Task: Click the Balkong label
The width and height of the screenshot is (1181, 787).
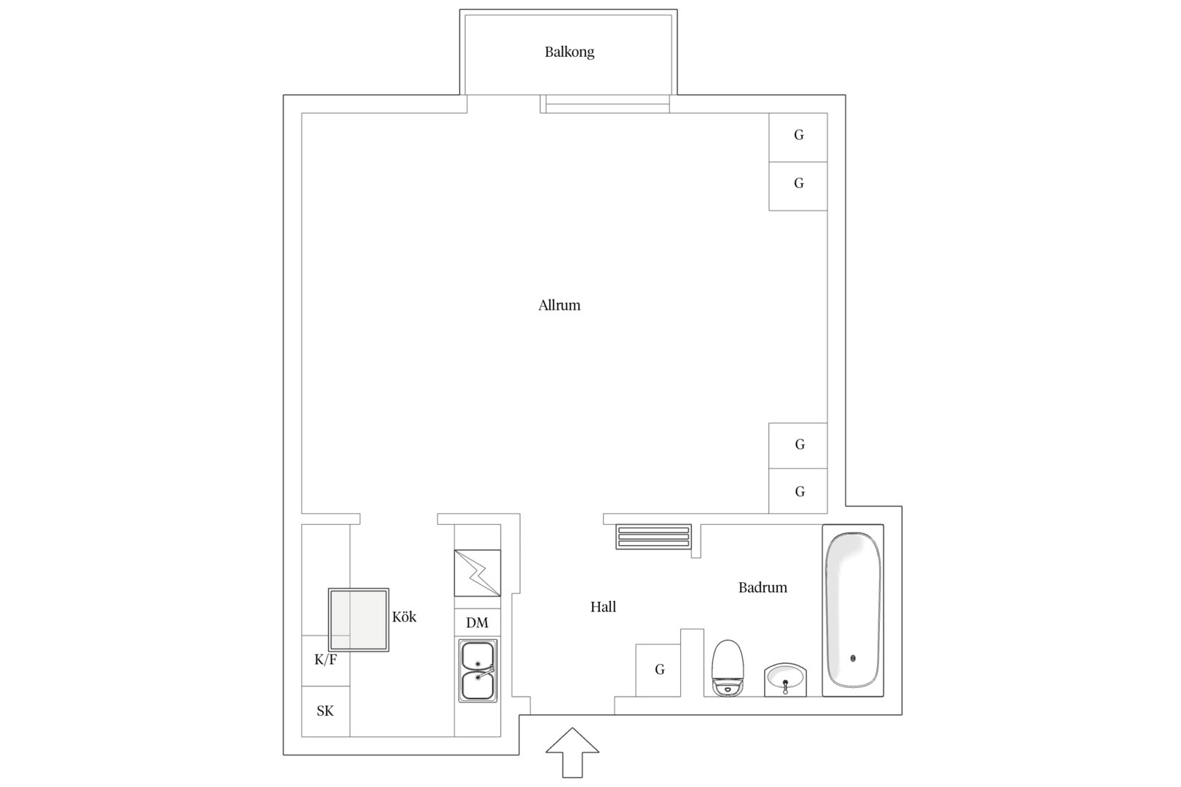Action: (569, 52)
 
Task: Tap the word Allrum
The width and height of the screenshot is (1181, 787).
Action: (559, 305)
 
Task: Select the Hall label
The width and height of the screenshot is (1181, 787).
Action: (603, 607)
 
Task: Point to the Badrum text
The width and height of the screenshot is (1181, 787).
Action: (763, 587)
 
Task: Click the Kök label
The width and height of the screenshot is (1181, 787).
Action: (405, 616)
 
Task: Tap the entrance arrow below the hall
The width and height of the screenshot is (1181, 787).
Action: (572, 753)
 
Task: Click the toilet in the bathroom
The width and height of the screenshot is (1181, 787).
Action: (728, 668)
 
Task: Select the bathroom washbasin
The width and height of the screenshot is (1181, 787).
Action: (786, 680)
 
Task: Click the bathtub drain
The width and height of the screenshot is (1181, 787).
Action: (853, 658)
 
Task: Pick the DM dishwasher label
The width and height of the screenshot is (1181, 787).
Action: (478, 622)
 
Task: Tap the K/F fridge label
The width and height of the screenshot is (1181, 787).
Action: (325, 659)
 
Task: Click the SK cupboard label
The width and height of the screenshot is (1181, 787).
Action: (325, 711)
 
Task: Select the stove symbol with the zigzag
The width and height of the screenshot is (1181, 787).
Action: (478, 573)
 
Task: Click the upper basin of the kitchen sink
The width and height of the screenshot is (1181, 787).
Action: (478, 656)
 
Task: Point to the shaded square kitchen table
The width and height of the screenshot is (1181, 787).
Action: (359, 620)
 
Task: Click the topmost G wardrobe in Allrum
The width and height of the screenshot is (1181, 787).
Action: (798, 137)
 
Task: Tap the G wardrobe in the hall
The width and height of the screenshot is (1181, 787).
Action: (658, 670)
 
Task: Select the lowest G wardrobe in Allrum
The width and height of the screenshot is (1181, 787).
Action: (798, 490)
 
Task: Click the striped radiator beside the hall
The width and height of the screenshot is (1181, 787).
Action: (654, 536)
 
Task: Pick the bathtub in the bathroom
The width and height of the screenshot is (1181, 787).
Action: (853, 610)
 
